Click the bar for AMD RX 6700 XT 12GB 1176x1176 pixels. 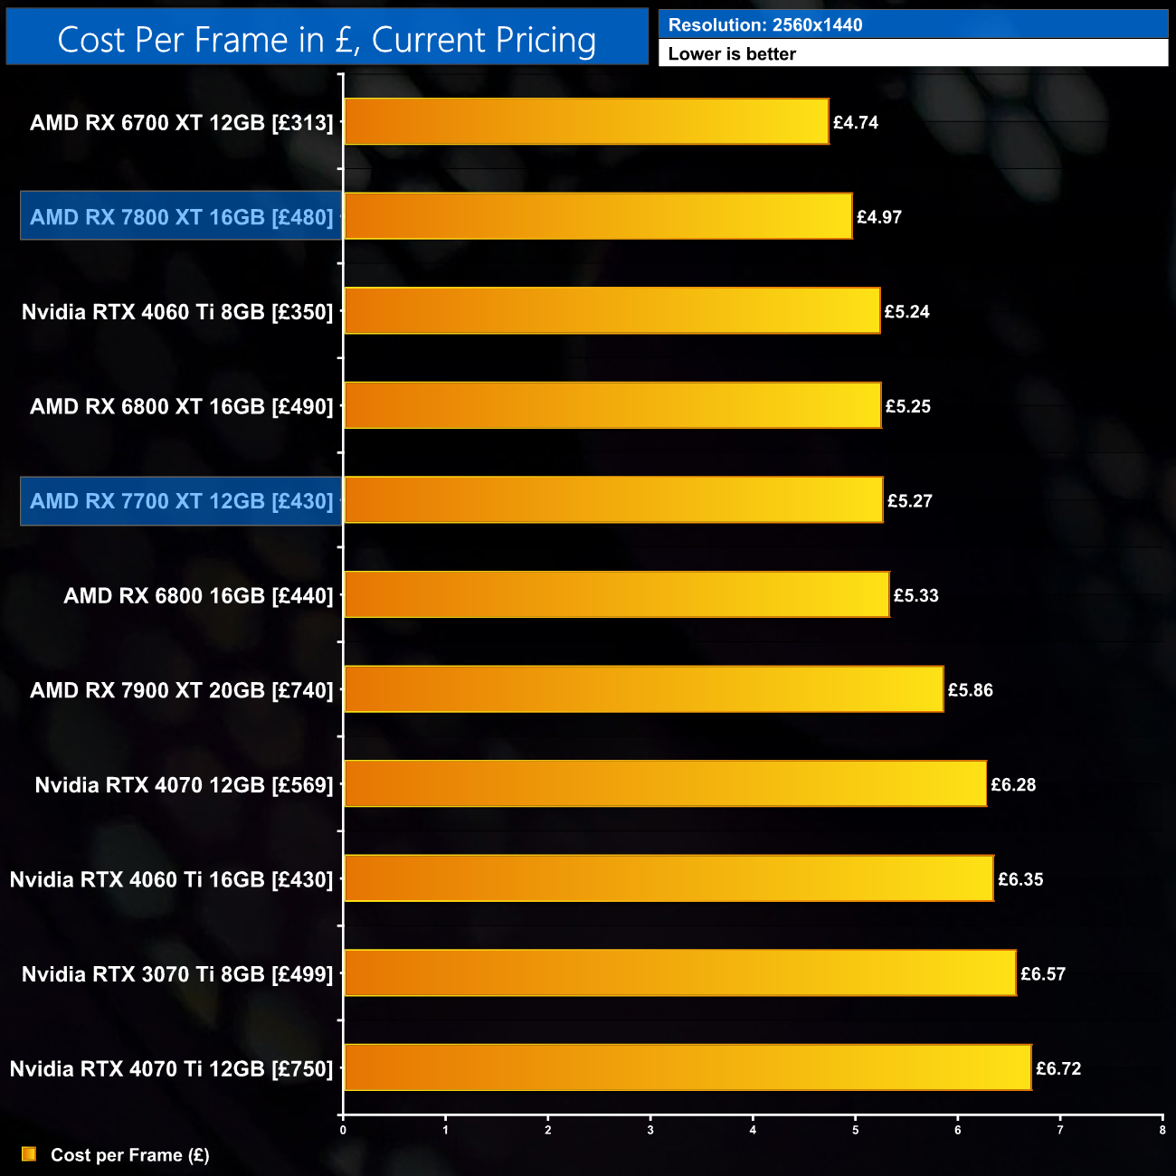586,121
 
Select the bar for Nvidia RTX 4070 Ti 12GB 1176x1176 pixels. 688,1067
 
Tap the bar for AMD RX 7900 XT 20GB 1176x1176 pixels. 643,689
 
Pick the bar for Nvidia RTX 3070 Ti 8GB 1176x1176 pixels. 679,973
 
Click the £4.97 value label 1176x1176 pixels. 879,217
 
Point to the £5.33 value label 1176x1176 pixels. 916,595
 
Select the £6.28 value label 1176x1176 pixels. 1013,784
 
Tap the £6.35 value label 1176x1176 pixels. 1020,879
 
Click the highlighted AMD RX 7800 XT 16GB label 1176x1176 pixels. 181,217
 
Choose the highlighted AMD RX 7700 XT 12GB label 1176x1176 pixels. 181,501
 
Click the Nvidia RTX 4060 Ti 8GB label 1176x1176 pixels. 177,312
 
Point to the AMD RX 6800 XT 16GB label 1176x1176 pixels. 181,406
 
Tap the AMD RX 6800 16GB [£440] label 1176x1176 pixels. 198,595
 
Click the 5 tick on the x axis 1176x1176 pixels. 855,1130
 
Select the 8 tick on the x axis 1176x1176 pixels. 1162,1130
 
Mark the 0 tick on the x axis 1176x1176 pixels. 343,1130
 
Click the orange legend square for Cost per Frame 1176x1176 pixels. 29,1154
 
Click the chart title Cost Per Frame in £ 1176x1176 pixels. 327,40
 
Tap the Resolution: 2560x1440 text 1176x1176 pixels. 765,25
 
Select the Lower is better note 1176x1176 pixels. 732,53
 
